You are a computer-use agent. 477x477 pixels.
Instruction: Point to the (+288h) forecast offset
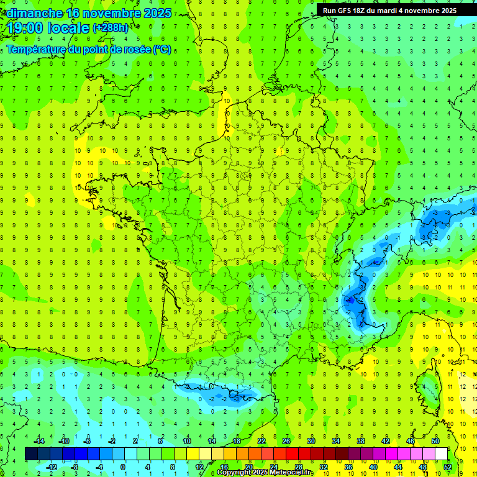click(112, 28)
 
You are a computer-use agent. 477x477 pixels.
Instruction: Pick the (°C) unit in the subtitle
click(162, 50)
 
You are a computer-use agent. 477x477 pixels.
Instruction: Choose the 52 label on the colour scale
click(448, 467)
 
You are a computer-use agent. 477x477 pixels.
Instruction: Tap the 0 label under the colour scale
click(123, 467)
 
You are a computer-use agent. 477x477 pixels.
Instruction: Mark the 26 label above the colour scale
click(286, 441)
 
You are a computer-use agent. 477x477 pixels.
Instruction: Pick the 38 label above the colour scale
click(360, 441)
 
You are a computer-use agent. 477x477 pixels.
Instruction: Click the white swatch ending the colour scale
click(441, 454)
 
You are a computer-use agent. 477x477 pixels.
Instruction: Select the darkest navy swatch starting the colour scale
click(32, 454)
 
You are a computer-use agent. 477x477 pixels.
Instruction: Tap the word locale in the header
click(69, 28)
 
